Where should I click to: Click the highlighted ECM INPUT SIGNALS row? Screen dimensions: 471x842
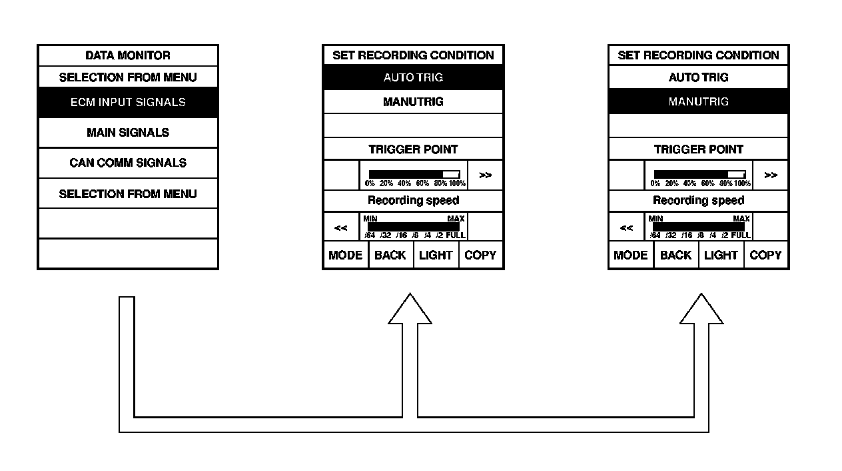tap(128, 102)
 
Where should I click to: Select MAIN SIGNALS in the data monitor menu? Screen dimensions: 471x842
tap(128, 133)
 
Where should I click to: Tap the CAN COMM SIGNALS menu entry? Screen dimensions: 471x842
tap(128, 163)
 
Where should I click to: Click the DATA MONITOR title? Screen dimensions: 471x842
tap(128, 55)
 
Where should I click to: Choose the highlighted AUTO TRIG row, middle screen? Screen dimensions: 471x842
tap(413, 77)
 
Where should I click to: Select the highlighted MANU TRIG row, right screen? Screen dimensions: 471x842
tap(698, 101)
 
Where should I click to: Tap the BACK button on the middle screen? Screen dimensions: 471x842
tap(390, 255)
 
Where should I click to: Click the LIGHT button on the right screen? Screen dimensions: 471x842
tap(721, 255)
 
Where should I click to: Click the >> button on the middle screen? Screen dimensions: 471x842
tap(485, 175)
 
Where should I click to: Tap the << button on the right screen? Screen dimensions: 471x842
tap(626, 227)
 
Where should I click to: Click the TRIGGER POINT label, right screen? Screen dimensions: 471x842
tap(698, 149)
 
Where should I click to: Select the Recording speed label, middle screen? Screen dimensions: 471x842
tap(413, 200)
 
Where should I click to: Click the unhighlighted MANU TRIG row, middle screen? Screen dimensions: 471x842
tap(413, 101)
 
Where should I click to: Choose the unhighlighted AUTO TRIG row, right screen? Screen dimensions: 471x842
tap(698, 77)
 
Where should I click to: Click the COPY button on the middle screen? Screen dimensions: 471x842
tap(480, 255)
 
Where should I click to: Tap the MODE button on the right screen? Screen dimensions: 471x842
tap(631, 255)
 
